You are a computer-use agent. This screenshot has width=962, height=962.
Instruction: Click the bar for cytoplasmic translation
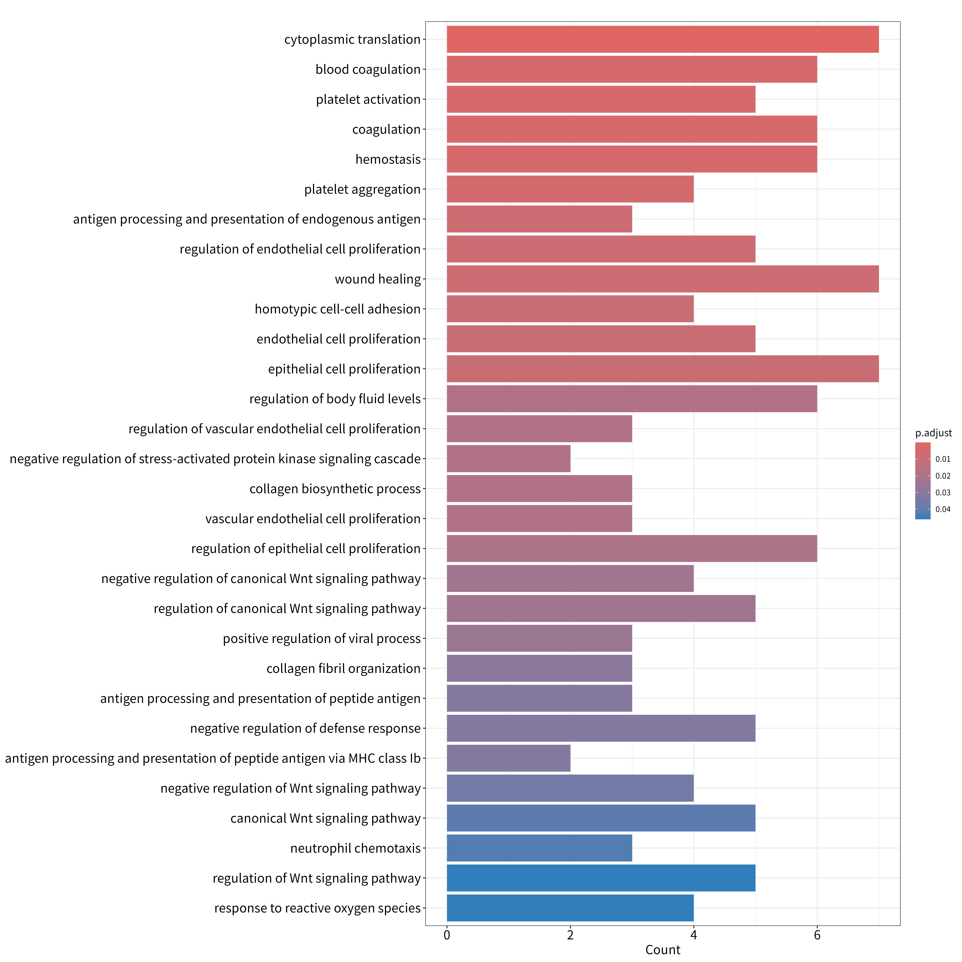click(x=663, y=39)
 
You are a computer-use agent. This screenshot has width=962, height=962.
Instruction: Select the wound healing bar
click(x=663, y=279)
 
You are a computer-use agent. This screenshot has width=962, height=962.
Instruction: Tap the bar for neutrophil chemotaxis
click(x=539, y=848)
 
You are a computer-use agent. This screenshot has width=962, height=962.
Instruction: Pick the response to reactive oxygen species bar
click(x=570, y=908)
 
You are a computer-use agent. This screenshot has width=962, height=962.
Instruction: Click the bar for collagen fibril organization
click(x=539, y=668)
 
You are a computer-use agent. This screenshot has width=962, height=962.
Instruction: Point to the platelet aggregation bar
click(x=570, y=189)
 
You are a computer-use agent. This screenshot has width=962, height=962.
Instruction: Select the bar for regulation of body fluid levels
click(x=632, y=399)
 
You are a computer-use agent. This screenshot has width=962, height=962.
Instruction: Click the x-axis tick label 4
click(x=694, y=935)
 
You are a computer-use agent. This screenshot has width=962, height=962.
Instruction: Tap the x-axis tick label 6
click(x=817, y=935)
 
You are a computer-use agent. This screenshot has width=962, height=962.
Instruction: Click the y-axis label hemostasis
click(x=388, y=159)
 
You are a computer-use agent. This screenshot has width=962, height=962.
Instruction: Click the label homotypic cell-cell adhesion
click(x=338, y=309)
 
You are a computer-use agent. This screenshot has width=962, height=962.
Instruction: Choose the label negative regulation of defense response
click(x=305, y=728)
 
